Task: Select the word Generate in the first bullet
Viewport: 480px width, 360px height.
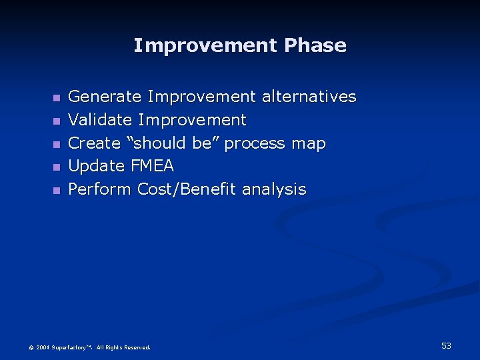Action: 105,97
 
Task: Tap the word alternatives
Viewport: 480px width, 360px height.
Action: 309,97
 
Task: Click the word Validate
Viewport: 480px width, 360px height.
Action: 100,121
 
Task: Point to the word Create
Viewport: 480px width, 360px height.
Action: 94,143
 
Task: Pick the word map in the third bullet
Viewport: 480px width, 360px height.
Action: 309,143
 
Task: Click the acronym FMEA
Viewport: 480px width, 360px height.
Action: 152,166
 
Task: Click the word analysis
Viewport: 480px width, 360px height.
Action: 274,189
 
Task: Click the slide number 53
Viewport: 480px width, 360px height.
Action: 446,345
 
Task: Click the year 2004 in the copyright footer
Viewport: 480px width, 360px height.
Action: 43,347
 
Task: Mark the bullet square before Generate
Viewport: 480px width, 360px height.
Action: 56,98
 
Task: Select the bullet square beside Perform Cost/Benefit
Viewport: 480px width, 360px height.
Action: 56,191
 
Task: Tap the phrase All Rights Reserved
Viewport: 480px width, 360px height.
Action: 123,347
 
